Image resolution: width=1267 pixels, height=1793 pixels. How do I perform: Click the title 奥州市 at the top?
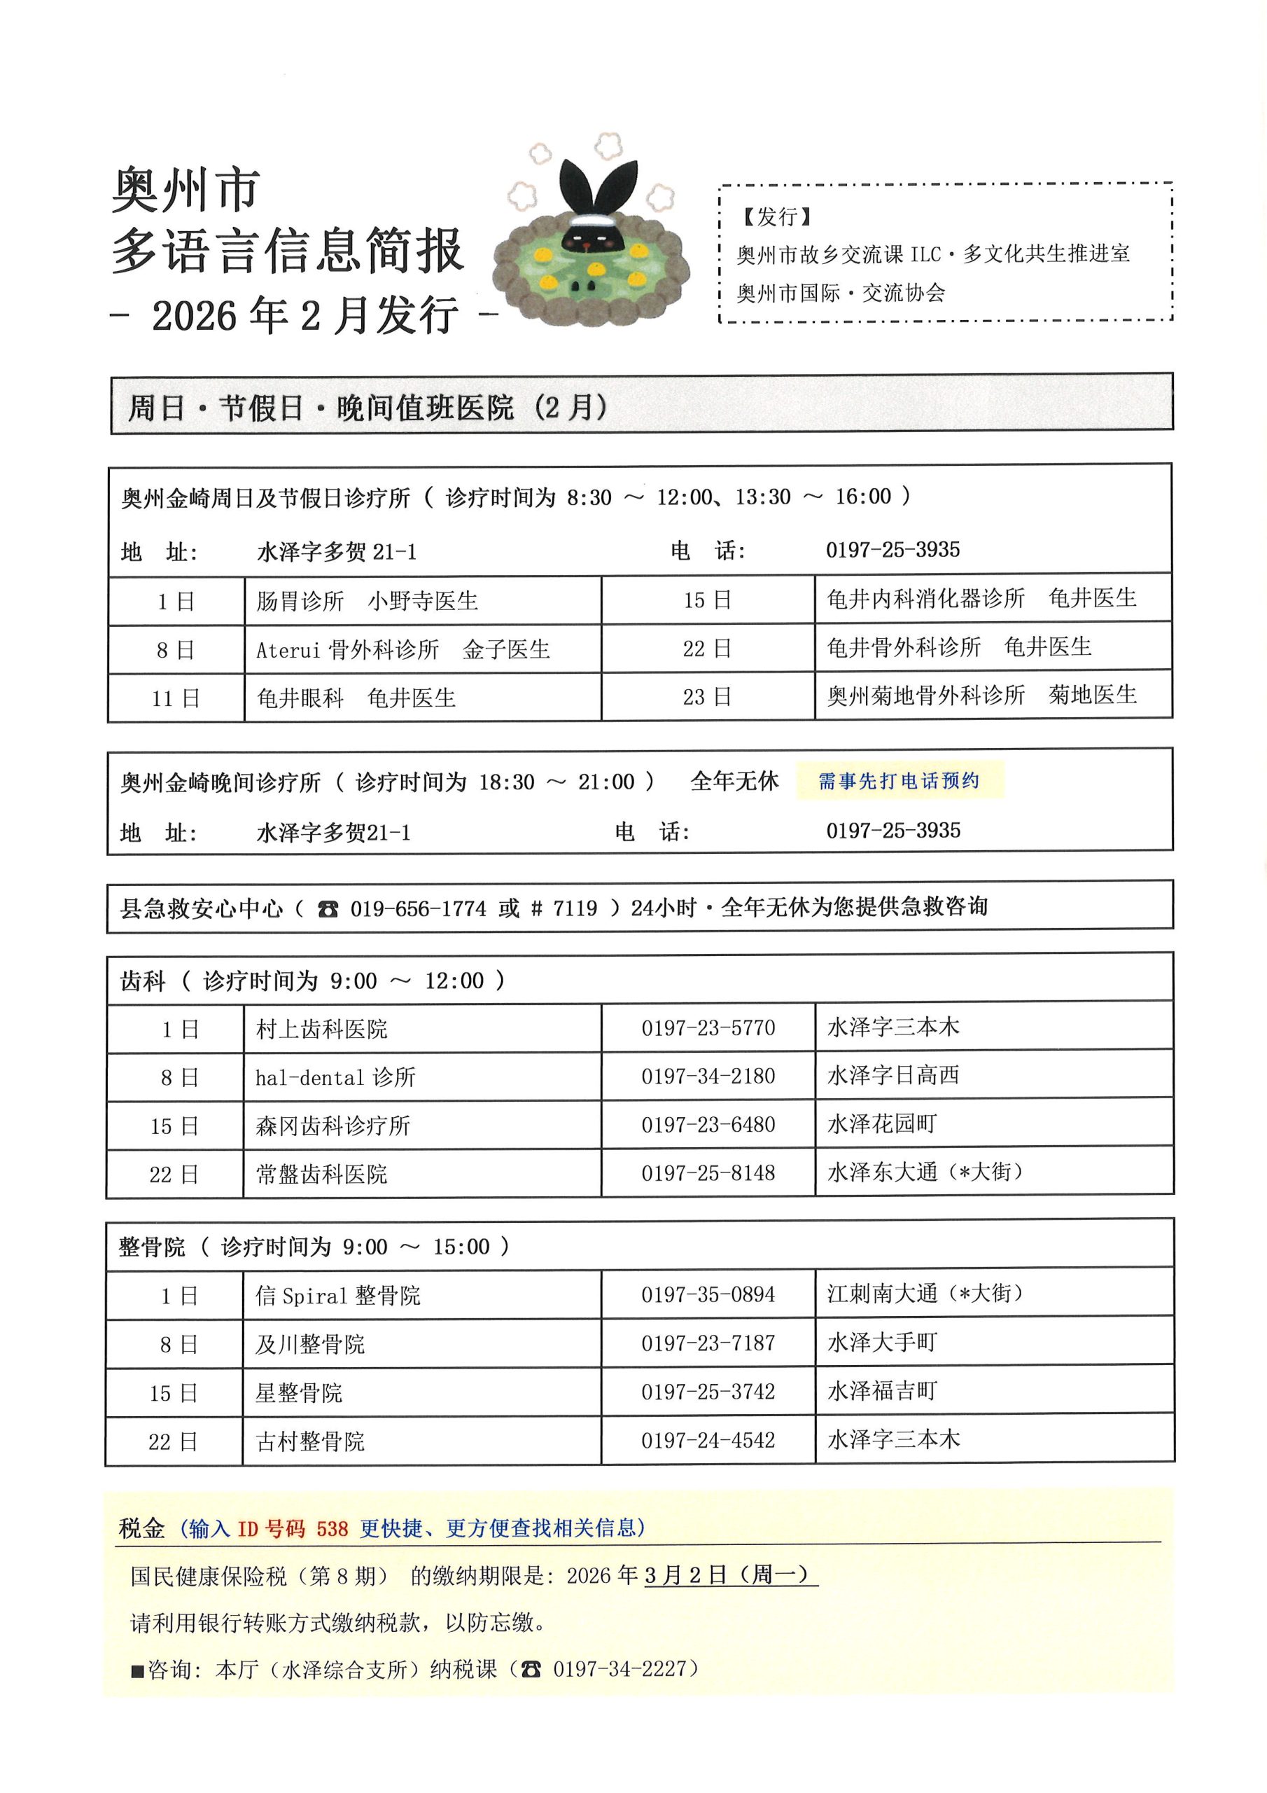point(185,190)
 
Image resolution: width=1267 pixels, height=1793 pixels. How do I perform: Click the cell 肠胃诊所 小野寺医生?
point(367,600)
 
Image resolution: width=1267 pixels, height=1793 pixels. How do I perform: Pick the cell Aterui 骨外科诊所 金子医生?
point(402,649)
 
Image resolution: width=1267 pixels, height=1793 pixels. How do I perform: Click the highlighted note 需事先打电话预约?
point(899,781)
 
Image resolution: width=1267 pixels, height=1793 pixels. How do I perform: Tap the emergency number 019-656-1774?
point(418,908)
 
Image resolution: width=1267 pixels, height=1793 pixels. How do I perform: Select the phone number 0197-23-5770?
point(708,1027)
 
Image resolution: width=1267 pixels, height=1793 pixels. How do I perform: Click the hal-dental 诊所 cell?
point(336,1078)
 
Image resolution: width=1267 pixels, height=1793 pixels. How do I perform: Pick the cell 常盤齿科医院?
point(321,1174)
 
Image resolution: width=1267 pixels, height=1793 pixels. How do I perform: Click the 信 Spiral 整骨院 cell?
point(337,1296)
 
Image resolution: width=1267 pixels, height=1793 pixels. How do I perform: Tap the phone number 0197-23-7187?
point(708,1343)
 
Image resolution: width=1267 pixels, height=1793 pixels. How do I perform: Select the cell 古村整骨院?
point(310,1441)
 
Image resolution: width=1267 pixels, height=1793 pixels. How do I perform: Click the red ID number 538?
point(332,1528)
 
